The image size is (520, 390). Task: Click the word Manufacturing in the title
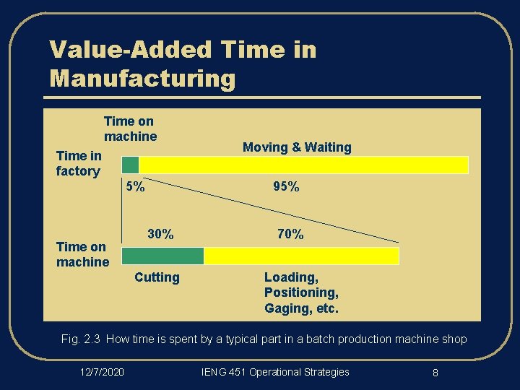click(x=143, y=77)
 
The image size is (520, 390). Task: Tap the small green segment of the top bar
click(x=130, y=165)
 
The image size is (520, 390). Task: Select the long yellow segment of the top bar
click(x=303, y=165)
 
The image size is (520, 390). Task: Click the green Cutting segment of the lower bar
click(x=162, y=256)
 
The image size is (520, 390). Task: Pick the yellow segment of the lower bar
click(x=301, y=256)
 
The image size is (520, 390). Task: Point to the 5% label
click(x=135, y=186)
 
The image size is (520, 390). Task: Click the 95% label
click(x=286, y=186)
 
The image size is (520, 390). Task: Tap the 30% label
click(x=160, y=234)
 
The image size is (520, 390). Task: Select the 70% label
click(x=290, y=234)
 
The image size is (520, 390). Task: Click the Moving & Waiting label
click(x=297, y=147)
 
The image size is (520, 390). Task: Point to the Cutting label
click(x=157, y=277)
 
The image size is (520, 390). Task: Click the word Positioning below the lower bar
click(x=300, y=292)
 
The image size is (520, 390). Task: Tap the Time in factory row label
click(x=78, y=163)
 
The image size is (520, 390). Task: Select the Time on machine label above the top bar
click(x=130, y=129)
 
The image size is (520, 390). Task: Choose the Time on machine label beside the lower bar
click(x=82, y=254)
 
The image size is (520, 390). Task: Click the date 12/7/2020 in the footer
click(x=102, y=372)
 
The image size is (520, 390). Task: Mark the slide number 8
click(x=435, y=373)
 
